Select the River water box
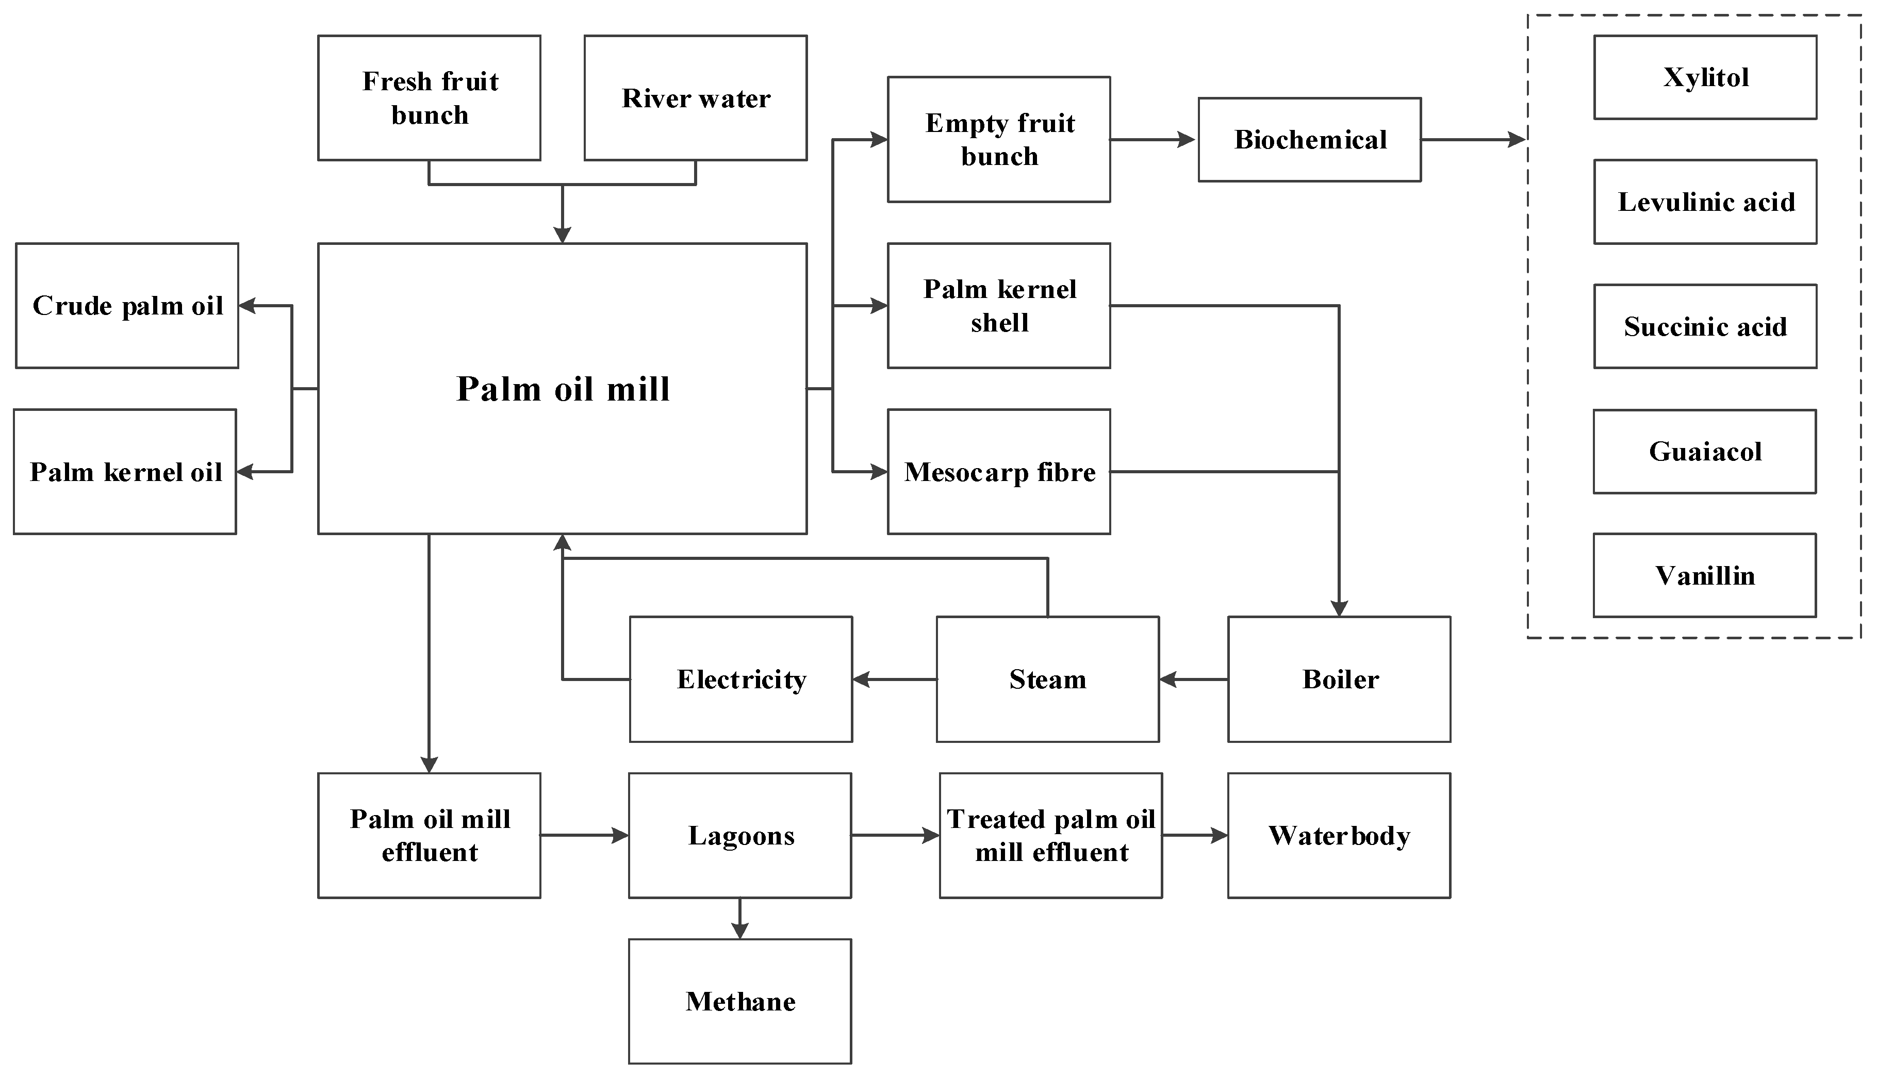(x=695, y=98)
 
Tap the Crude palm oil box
(x=127, y=305)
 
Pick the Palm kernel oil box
(x=125, y=472)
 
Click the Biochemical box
(x=1309, y=139)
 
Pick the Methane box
(x=739, y=1001)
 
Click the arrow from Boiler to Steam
(x=1193, y=679)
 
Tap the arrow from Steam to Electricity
(x=894, y=679)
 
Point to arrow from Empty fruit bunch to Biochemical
(x=1153, y=139)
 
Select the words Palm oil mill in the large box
(x=563, y=389)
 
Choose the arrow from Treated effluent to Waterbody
(x=1194, y=835)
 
